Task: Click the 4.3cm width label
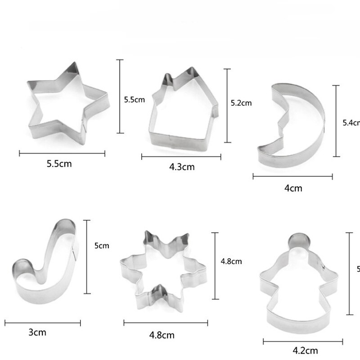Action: coord(182,167)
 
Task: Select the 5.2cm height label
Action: coord(241,103)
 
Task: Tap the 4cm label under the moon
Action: coord(293,188)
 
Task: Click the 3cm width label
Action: coord(37,333)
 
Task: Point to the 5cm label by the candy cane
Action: coord(101,246)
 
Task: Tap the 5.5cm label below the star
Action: coord(59,164)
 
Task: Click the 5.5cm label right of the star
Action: coord(135,100)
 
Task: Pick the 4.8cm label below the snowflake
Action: coord(162,335)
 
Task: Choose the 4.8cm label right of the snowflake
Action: coord(231,261)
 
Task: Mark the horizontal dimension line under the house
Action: coord(181,157)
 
